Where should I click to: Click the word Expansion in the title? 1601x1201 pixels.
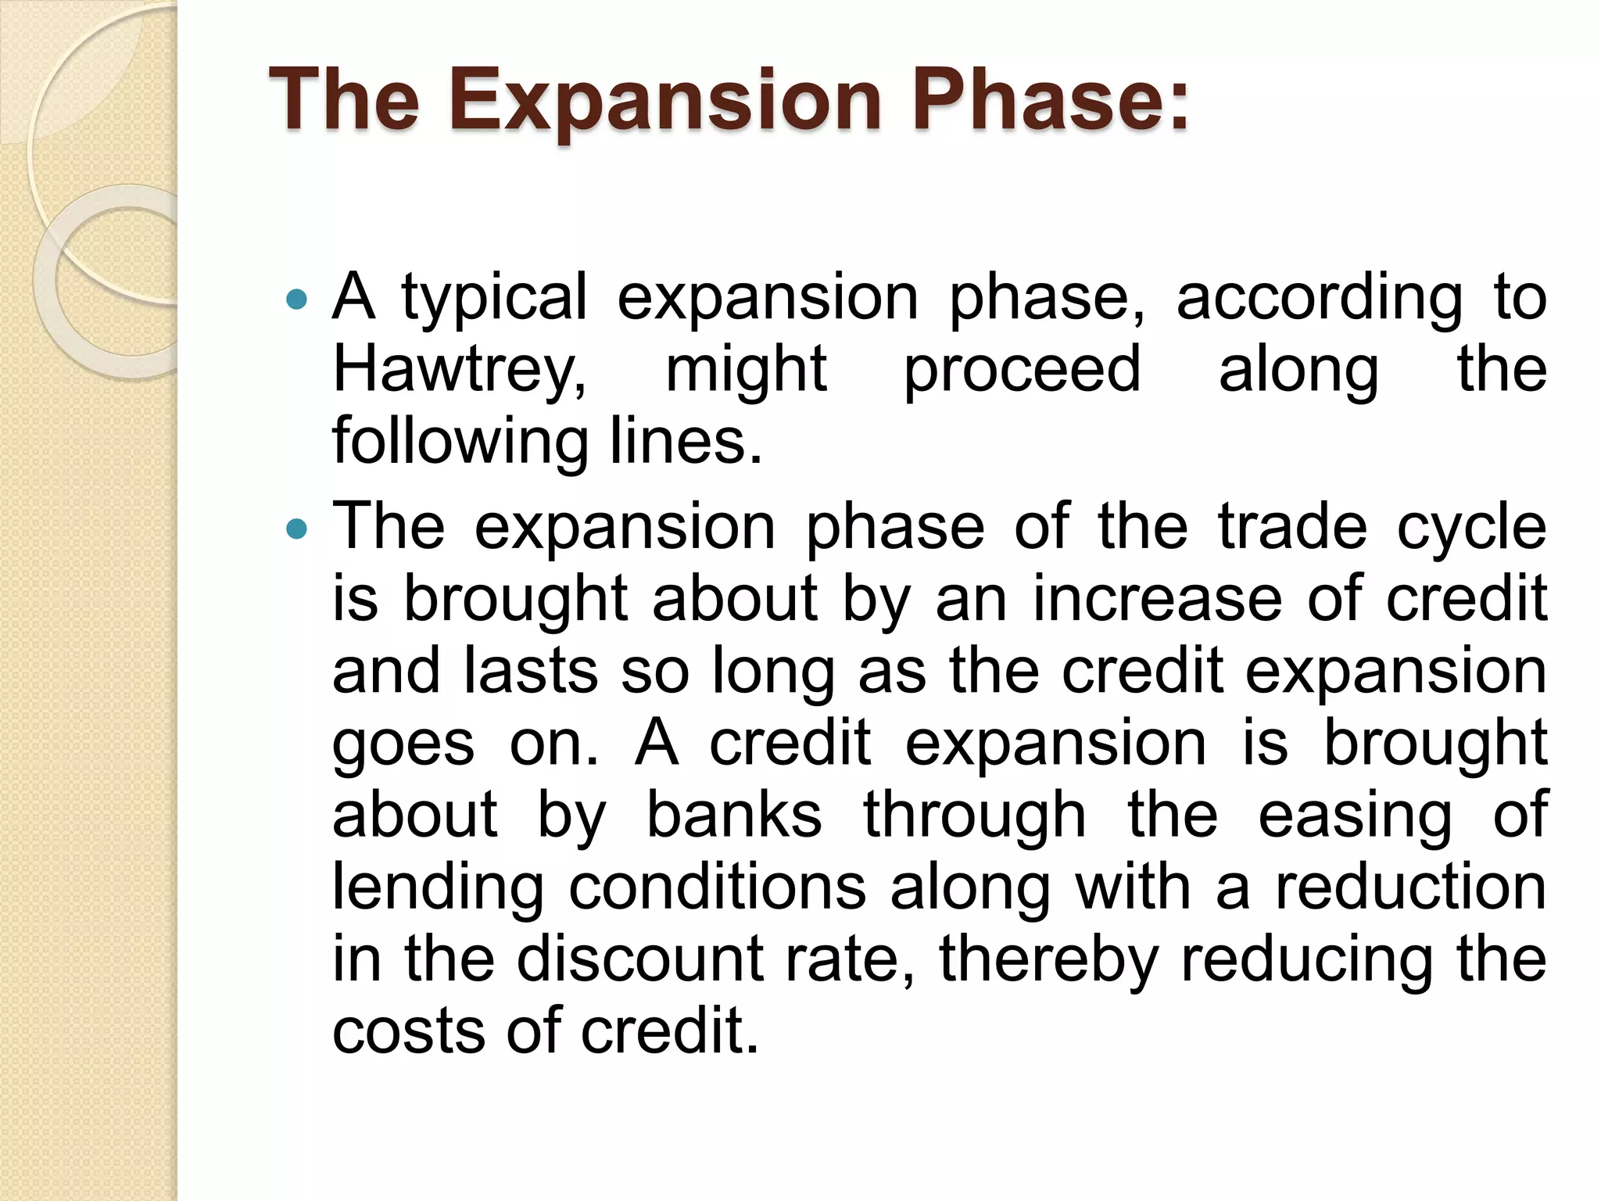[664, 101]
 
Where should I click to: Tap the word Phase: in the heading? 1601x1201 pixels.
[1050, 101]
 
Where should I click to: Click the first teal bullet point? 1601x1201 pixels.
[297, 299]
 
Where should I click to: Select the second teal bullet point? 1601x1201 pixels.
[297, 529]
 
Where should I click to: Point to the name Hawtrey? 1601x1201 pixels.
[460, 370]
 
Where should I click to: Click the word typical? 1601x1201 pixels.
[494, 299]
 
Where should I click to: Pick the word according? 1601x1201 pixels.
[1319, 299]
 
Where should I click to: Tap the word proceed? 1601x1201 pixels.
[1022, 370]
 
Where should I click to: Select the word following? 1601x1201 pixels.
[460, 442]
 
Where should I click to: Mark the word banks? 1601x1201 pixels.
[734, 816]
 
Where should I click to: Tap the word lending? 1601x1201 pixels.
[438, 888]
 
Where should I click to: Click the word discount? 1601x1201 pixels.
[639, 959]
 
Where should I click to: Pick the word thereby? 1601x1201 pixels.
[1048, 961]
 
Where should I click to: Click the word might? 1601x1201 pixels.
[746, 370]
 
